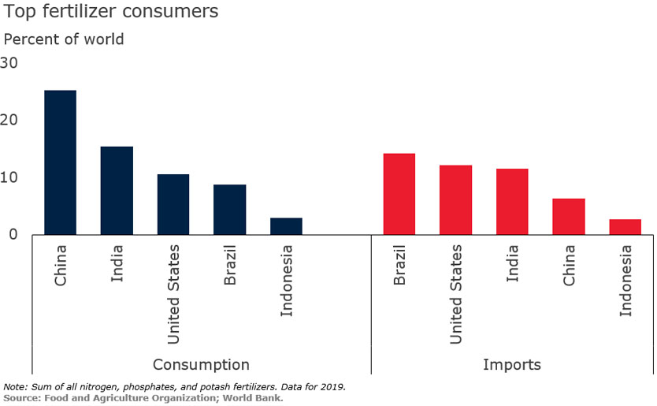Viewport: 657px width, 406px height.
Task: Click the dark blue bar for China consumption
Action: tap(60, 162)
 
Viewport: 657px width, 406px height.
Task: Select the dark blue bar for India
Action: tap(117, 191)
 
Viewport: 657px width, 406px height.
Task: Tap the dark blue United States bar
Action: tap(173, 204)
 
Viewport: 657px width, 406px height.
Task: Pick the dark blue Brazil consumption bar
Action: tap(229, 210)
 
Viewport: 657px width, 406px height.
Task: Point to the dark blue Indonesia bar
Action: tap(286, 226)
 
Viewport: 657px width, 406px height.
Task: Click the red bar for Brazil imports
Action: tap(399, 194)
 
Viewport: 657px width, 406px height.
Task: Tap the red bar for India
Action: tap(512, 202)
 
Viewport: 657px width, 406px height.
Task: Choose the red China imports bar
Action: tap(569, 217)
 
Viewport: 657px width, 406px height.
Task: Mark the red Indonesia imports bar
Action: tap(625, 227)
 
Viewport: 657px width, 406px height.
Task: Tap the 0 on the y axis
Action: tap(13, 234)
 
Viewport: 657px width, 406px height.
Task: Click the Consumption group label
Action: tap(201, 364)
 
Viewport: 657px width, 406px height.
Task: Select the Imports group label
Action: tap(512, 364)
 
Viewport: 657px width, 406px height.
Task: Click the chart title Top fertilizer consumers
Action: tap(111, 13)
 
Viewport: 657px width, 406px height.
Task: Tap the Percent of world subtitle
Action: tap(64, 39)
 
